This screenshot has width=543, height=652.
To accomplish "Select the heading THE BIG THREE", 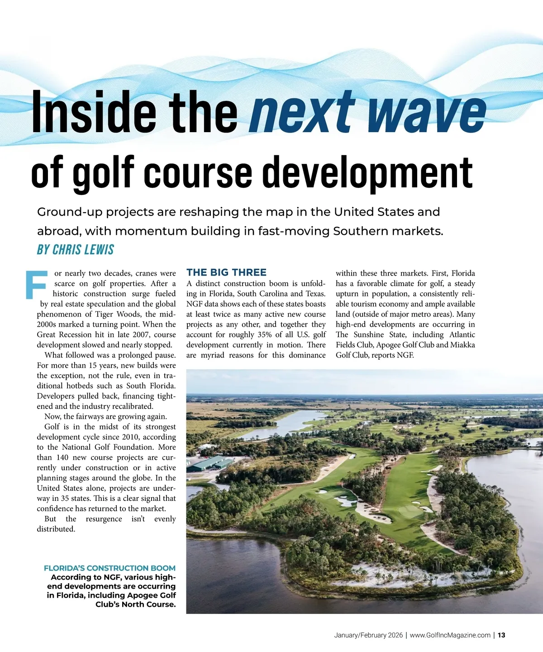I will tap(226, 272).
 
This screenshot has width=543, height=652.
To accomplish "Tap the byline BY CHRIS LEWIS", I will tap(76, 250).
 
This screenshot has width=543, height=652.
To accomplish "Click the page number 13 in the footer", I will tap(501, 635).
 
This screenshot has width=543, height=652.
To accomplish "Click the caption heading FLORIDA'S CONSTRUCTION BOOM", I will tap(110, 568).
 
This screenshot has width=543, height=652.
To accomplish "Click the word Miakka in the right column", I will tap(462, 345).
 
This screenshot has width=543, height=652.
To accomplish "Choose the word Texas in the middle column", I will tap(315, 294).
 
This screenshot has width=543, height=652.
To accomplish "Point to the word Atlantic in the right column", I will tap(462, 335).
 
